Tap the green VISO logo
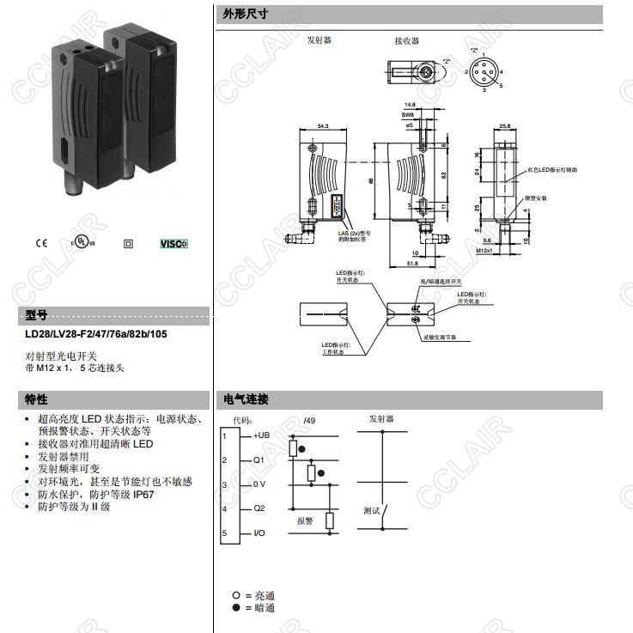tap(174, 243)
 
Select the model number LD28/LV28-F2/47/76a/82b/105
tap(95, 334)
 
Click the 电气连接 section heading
tap(246, 399)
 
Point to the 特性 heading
tap(36, 399)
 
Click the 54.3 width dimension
tap(323, 126)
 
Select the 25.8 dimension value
tap(504, 126)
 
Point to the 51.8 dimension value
tap(412, 264)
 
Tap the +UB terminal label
tap(261, 436)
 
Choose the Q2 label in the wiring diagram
tap(259, 508)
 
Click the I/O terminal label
tap(259, 533)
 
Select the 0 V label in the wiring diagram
tap(259, 484)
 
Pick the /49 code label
tap(309, 420)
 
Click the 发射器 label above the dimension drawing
tap(319, 40)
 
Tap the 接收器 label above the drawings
tap(406, 40)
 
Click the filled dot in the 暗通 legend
tap(234, 607)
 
